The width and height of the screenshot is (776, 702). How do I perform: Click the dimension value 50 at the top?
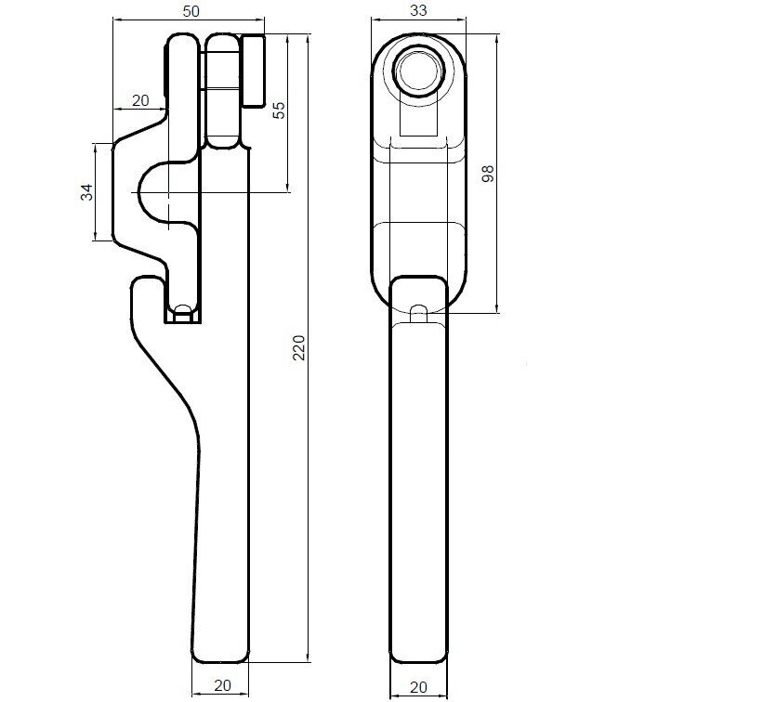coord(191,11)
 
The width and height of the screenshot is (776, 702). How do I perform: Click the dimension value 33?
coord(418,11)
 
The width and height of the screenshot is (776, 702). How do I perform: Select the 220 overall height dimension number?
coord(299,347)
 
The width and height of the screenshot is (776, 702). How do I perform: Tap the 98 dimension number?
coord(488,174)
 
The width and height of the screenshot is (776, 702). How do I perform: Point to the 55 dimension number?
coord(280,110)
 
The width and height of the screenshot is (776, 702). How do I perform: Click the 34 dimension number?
coord(86,192)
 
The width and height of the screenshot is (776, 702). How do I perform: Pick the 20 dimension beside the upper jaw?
coord(140,100)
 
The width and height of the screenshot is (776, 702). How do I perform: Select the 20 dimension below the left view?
coord(223,685)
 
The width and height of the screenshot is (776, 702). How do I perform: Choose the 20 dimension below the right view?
coord(419,686)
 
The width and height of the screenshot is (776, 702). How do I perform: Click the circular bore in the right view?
coord(419,70)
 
